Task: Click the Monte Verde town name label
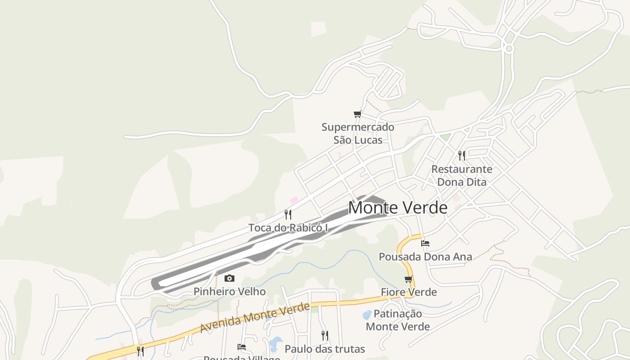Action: click(398, 207)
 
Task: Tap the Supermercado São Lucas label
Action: click(358, 133)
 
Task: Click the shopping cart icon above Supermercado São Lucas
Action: click(358, 114)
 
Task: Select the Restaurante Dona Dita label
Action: click(462, 175)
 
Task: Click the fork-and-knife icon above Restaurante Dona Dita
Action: click(462, 156)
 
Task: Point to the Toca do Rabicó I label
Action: click(288, 228)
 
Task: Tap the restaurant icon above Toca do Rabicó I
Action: click(288, 214)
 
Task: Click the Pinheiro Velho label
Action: click(229, 292)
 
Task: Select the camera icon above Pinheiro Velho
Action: click(229, 278)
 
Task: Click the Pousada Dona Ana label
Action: click(425, 257)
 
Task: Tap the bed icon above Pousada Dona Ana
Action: click(425, 243)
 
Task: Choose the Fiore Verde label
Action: click(409, 292)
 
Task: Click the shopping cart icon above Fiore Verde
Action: click(409, 279)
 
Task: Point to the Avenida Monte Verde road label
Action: click(255, 318)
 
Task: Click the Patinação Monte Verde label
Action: click(398, 320)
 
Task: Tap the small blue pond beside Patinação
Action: click(367, 314)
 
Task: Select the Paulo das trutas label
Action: click(324, 349)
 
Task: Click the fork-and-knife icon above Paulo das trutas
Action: click(324, 335)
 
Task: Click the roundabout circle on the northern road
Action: click(509, 48)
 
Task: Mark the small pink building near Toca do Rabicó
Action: click(294, 199)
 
